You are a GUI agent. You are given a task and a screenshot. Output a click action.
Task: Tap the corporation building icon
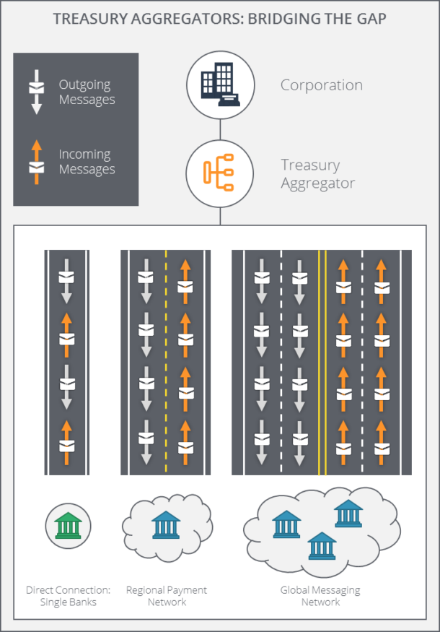[220, 85]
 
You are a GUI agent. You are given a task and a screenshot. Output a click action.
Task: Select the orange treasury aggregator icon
[219, 173]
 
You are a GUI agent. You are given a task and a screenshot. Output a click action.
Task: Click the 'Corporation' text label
[321, 85]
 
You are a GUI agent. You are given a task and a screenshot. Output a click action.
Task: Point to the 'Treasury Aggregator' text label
[317, 174]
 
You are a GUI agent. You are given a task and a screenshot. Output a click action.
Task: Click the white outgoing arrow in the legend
[37, 92]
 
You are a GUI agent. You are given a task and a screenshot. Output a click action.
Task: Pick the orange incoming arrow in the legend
[37, 161]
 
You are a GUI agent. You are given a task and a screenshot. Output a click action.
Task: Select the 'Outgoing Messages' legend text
[87, 92]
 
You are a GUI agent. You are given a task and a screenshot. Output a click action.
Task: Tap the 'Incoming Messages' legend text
[87, 162]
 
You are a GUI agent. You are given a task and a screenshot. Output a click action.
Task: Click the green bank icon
[69, 525]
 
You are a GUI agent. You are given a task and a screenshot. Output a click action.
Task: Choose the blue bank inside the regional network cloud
[166, 525]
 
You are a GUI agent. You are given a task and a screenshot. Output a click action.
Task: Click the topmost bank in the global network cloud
[348, 514]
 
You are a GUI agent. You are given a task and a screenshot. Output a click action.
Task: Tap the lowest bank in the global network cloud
[322, 546]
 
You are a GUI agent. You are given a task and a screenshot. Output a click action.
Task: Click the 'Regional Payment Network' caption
[166, 596]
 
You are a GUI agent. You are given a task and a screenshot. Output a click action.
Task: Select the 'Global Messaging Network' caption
[320, 596]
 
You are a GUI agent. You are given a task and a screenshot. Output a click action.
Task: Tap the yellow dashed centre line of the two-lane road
[166, 361]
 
